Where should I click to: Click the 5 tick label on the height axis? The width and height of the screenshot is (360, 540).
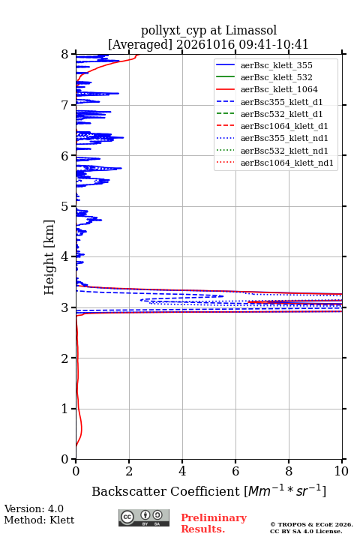click(x=65, y=206)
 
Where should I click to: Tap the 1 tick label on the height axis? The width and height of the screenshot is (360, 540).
click(x=65, y=409)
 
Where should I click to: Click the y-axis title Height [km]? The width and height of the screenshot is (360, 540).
click(x=49, y=257)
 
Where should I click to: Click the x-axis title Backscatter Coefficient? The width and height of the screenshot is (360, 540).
click(x=166, y=491)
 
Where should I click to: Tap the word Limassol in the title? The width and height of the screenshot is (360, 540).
click(x=251, y=30)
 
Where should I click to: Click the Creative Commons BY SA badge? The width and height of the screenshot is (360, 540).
click(x=144, y=517)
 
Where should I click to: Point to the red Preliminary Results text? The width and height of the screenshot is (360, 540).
click(x=214, y=523)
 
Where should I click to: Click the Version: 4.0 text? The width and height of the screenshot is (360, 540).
click(x=34, y=508)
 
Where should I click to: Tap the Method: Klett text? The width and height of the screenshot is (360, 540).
click(x=39, y=520)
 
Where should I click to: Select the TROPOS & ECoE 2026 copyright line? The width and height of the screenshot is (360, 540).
click(x=311, y=524)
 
